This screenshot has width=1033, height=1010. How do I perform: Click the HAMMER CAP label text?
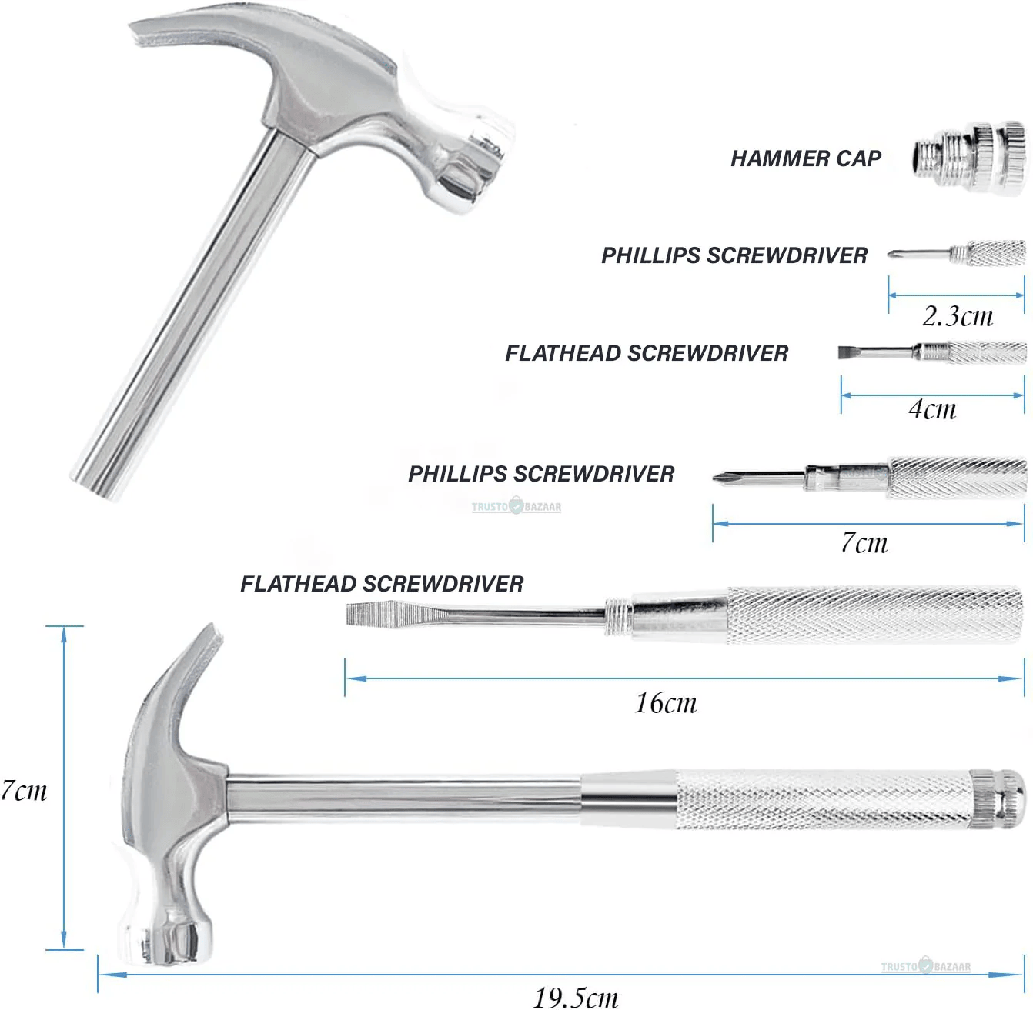click(805, 158)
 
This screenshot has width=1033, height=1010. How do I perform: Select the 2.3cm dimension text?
click(958, 315)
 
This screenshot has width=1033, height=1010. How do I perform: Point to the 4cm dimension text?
click(932, 408)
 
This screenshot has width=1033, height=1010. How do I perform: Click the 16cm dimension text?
click(666, 702)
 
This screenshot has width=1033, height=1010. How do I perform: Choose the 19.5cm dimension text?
click(576, 997)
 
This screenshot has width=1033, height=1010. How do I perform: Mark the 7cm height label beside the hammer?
click(24, 790)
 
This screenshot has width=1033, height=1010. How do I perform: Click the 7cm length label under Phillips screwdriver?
click(864, 543)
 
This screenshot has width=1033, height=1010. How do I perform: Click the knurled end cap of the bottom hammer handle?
click(998, 799)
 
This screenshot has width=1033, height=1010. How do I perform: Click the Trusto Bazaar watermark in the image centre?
click(516, 507)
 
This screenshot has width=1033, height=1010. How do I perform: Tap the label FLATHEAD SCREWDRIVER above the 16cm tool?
click(382, 584)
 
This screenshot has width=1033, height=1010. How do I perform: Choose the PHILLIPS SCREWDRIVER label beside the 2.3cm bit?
click(734, 255)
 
